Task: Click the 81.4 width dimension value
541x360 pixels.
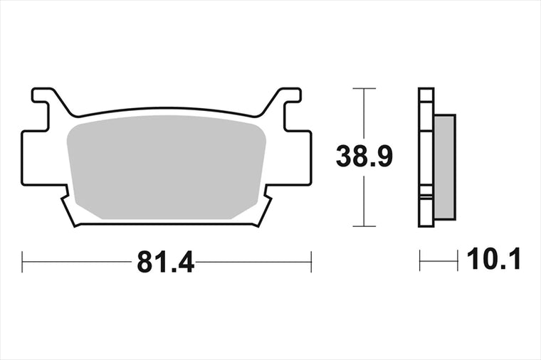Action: click(x=165, y=262)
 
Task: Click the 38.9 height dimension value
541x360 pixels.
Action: click(x=364, y=157)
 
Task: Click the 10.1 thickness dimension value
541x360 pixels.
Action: click(x=493, y=259)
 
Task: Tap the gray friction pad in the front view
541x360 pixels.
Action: click(x=167, y=167)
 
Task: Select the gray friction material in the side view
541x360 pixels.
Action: click(x=445, y=167)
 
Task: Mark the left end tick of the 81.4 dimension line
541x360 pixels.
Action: click(x=22, y=262)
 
